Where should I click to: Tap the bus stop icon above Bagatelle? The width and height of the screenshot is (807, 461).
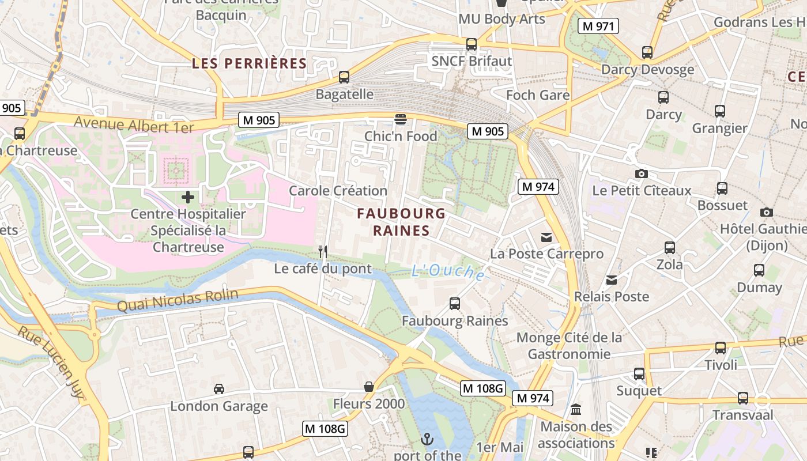[344, 77]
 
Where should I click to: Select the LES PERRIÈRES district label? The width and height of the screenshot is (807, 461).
[249, 63]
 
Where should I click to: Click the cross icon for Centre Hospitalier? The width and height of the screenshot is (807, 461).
[188, 197]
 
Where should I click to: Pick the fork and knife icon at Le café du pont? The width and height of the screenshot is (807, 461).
[323, 251]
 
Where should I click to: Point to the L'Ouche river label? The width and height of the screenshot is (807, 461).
[448, 271]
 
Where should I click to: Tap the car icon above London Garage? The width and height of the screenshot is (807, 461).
[219, 388]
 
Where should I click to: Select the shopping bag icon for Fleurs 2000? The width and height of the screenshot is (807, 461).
[369, 386]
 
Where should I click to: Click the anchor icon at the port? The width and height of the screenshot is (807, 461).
[427, 440]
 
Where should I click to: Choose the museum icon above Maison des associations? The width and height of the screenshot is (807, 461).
[576, 410]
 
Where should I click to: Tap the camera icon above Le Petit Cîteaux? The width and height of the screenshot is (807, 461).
[641, 173]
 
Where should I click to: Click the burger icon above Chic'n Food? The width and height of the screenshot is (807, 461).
[401, 119]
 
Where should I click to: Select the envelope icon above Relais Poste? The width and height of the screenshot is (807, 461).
[612, 280]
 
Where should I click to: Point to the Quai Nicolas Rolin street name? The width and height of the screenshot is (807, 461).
[178, 300]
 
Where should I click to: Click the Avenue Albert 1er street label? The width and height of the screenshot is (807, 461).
[134, 124]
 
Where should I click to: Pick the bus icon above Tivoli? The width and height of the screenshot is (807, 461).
[721, 347]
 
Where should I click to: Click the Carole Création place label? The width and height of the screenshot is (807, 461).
[338, 191]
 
